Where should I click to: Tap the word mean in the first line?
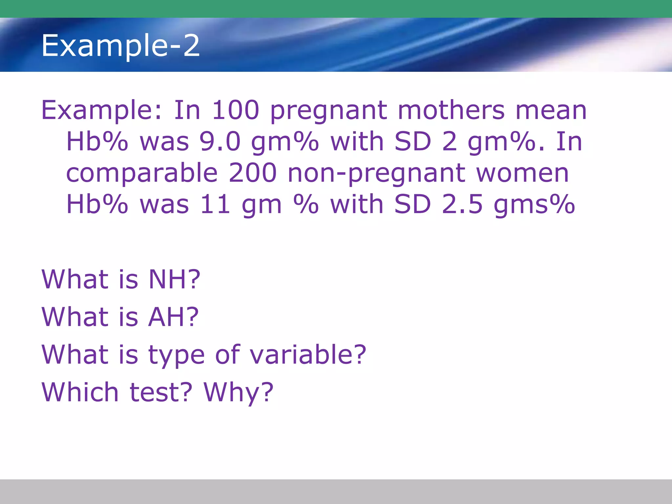point(551,111)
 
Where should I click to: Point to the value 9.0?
point(220,142)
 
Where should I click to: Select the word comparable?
point(142,174)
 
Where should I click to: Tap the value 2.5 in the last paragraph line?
point(462,204)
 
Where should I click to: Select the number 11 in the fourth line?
point(215,204)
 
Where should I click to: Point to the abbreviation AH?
point(173,317)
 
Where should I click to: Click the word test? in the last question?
point(161,392)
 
